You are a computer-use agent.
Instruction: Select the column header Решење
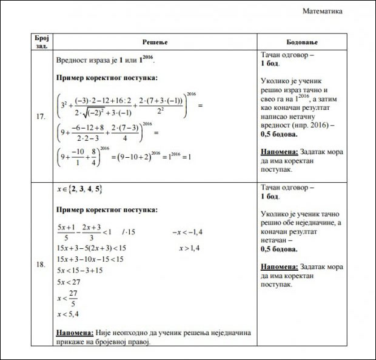(x=154, y=42)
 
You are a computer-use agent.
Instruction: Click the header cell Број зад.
(x=41, y=42)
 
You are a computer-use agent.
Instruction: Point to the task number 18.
(x=41, y=265)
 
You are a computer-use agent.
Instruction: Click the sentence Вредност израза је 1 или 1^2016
(x=105, y=60)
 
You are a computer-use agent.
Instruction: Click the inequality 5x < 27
(x=69, y=281)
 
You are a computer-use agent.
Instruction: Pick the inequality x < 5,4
(x=68, y=314)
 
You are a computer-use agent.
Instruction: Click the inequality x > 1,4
(x=189, y=248)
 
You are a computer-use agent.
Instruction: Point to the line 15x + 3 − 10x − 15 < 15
(x=90, y=259)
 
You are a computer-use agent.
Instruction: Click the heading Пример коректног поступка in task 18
(x=107, y=209)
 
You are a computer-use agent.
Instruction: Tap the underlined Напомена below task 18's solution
(x=74, y=333)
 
